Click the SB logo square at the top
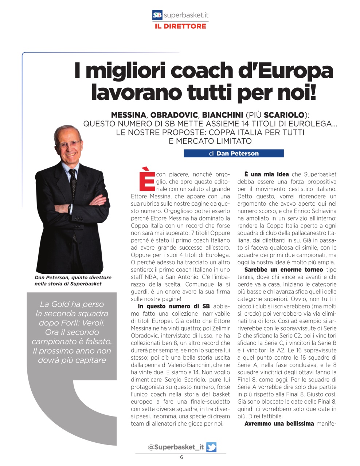157,15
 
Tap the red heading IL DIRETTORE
180,26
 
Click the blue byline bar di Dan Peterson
234,153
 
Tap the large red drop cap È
146,179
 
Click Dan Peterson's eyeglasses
69,143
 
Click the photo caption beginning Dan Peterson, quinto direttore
73,280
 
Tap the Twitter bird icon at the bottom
211,447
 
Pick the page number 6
181,458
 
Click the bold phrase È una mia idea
267,174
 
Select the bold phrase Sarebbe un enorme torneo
283,270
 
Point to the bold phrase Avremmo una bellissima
279,423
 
